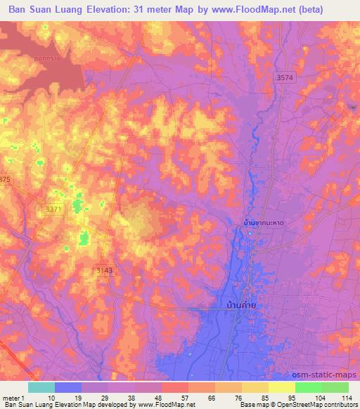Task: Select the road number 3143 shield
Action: tap(103, 270)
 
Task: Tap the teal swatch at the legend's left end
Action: tap(41, 387)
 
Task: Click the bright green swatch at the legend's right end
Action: tap(335, 387)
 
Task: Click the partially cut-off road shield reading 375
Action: tap(5, 180)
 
